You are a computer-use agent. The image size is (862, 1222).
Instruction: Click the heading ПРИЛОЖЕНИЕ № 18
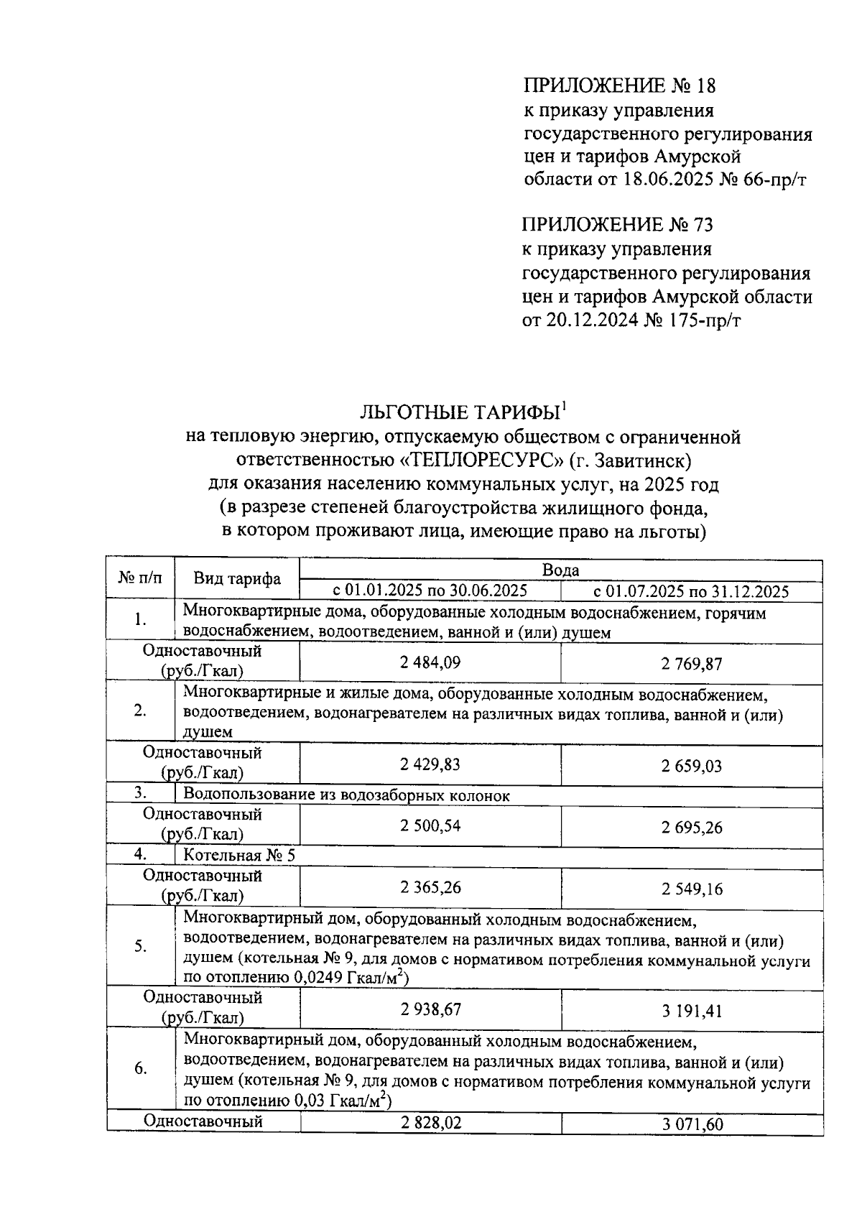(618, 86)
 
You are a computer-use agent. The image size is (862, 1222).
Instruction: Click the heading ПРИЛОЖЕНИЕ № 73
(617, 225)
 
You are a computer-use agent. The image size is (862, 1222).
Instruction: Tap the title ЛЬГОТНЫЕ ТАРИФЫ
(459, 412)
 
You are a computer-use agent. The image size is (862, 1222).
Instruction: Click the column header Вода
(560, 570)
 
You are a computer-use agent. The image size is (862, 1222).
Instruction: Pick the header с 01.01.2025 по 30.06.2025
(430, 591)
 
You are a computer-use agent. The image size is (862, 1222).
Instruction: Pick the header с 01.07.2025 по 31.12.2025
(691, 591)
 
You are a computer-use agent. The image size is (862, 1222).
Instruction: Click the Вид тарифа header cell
(237, 579)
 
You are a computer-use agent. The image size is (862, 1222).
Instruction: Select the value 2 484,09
(430, 662)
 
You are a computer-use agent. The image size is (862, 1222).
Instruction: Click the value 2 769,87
(691, 664)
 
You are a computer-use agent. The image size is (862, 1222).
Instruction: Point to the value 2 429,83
(430, 764)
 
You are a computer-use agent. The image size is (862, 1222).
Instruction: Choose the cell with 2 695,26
(691, 828)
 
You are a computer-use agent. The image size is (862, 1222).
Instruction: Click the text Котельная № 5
(239, 855)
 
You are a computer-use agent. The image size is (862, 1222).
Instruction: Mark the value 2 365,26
(430, 888)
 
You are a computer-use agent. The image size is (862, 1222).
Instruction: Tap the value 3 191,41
(691, 1012)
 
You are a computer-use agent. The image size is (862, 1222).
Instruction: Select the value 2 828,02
(430, 1123)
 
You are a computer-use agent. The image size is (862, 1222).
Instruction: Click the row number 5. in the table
(141, 946)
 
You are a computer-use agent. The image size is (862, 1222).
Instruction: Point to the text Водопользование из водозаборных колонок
(346, 795)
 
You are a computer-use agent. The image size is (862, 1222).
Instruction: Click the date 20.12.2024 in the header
(590, 320)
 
